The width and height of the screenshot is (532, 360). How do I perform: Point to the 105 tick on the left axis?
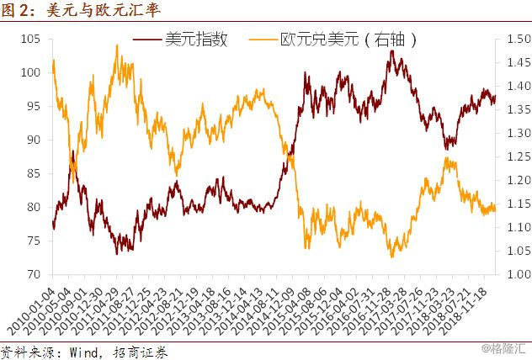click(30, 39)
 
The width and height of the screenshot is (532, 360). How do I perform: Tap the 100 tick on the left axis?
click(30, 72)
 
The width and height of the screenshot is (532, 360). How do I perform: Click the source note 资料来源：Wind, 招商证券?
click(84, 352)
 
